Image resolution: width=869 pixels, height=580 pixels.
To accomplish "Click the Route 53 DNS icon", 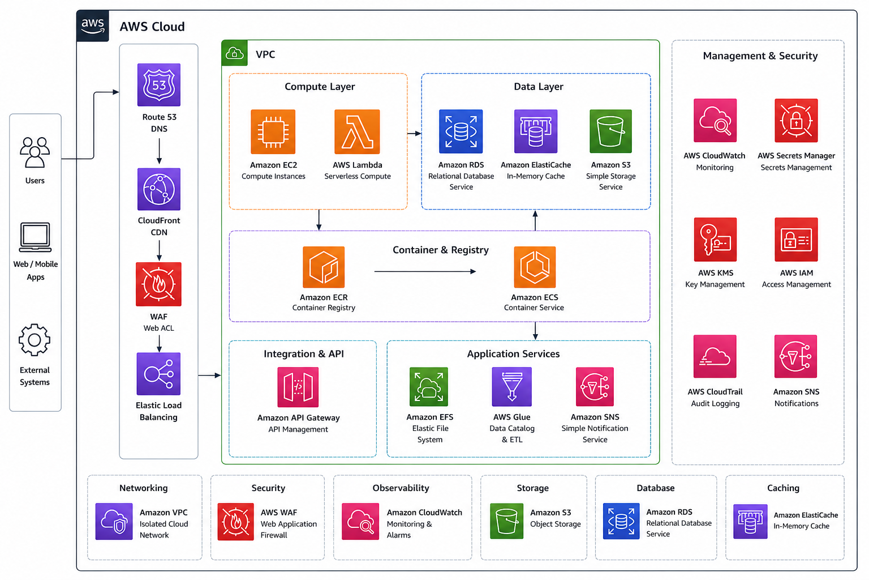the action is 158,85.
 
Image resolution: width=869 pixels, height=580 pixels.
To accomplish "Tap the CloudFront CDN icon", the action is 158,189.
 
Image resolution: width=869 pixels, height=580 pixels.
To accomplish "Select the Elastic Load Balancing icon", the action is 158,374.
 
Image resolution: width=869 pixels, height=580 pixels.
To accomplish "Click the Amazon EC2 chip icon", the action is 273,132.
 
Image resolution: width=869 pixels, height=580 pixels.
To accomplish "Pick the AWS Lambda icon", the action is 357,132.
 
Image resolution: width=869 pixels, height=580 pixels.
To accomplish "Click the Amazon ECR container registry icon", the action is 324,267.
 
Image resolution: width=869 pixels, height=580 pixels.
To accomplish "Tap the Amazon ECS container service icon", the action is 535,267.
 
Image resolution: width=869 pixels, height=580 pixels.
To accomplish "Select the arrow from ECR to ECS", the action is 425,271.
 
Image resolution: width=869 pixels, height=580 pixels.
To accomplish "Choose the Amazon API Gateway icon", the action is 298,387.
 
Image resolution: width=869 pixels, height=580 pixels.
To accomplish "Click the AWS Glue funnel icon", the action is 511,386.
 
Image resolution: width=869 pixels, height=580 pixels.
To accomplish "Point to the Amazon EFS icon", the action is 429,386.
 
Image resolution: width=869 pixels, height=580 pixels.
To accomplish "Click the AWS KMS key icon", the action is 715,239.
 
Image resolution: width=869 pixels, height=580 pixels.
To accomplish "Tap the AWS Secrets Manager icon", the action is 796,121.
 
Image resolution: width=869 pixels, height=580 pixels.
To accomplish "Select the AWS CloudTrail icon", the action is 715,356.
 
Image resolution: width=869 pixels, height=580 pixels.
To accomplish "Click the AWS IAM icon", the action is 796,239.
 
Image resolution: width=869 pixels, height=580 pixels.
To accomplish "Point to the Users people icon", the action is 35,152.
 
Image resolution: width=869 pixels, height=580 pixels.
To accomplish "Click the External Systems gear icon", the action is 35,340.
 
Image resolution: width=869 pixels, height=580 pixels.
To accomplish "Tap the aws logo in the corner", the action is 93,26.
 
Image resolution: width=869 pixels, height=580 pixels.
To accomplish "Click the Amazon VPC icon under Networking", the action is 114,521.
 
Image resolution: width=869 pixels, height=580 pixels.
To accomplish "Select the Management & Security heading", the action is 760,56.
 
